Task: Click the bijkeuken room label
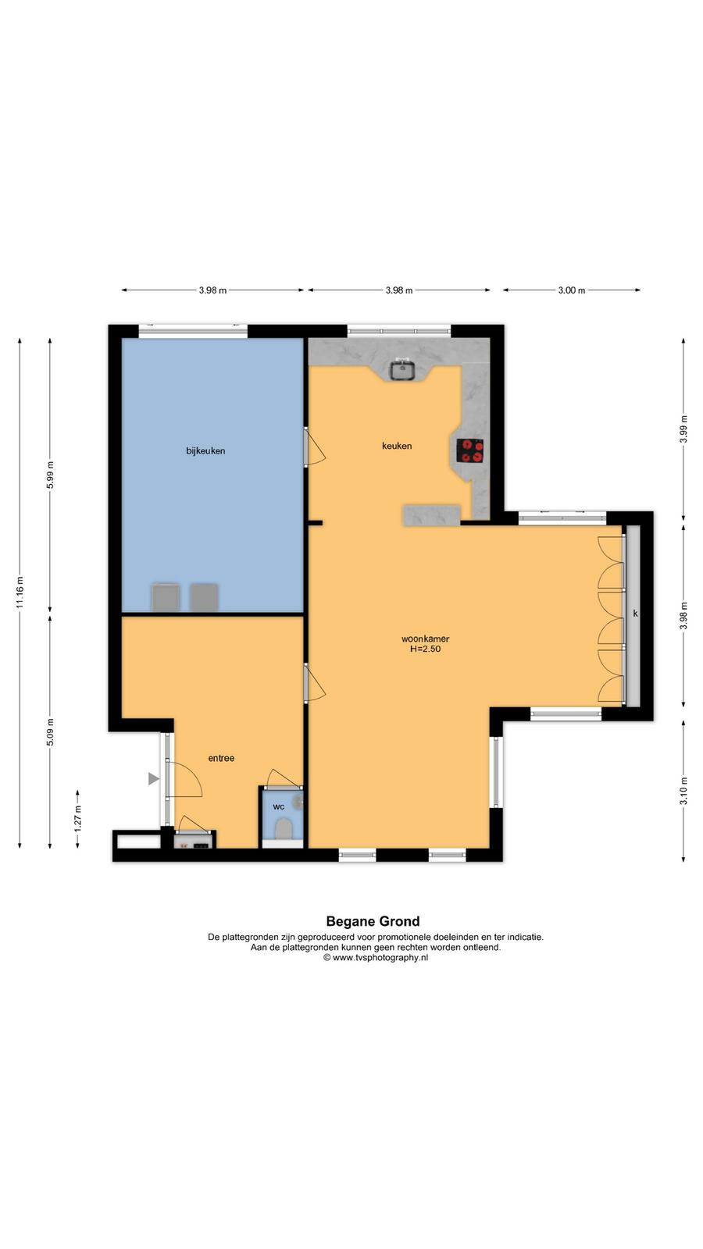pyautogui.click(x=205, y=450)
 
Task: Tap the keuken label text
pyautogui.click(x=397, y=446)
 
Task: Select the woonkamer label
pyautogui.click(x=425, y=639)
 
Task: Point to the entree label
pyautogui.click(x=221, y=758)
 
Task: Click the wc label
pyautogui.click(x=278, y=807)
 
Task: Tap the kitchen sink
pyautogui.click(x=401, y=369)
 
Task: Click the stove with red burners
pyautogui.click(x=469, y=450)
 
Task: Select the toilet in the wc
pyautogui.click(x=284, y=828)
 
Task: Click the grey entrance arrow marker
pyautogui.click(x=153, y=779)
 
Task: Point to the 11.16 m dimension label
pyautogui.click(x=20, y=592)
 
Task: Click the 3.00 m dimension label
pyautogui.click(x=571, y=290)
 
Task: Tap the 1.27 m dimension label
pyautogui.click(x=77, y=819)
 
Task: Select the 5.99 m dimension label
pyautogui.click(x=50, y=475)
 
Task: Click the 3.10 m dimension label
pyautogui.click(x=683, y=791)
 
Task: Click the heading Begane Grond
pyautogui.click(x=373, y=921)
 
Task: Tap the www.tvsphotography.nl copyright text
pyautogui.click(x=376, y=957)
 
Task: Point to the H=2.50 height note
pyautogui.click(x=425, y=649)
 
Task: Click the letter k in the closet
pyautogui.click(x=635, y=614)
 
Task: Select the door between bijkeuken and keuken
pyautogui.click(x=314, y=446)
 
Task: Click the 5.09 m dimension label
pyautogui.click(x=50, y=732)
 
